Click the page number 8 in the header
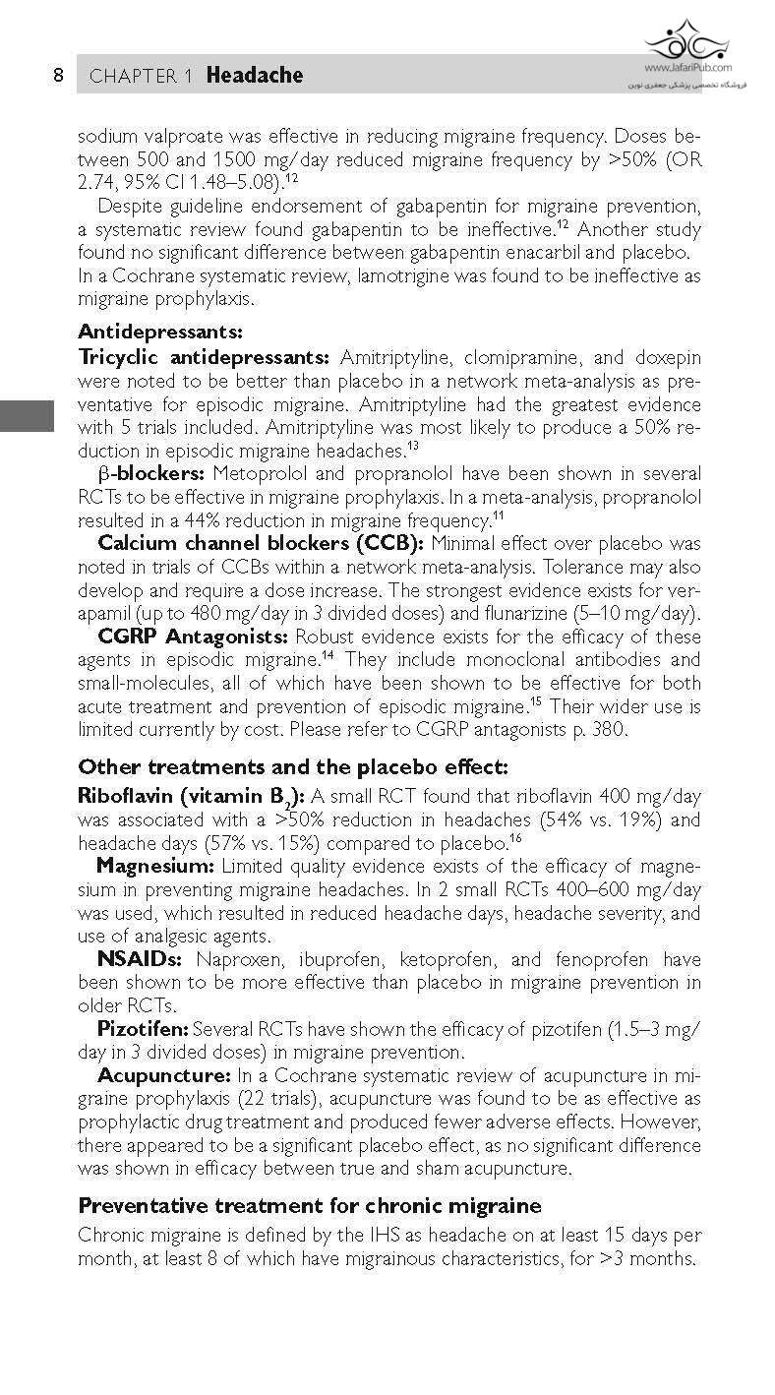[59, 76]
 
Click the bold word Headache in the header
[255, 76]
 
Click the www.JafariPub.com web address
[688, 68]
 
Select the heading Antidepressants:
[159, 333]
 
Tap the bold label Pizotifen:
[143, 1029]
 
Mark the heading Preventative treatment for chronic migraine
[310, 1205]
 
